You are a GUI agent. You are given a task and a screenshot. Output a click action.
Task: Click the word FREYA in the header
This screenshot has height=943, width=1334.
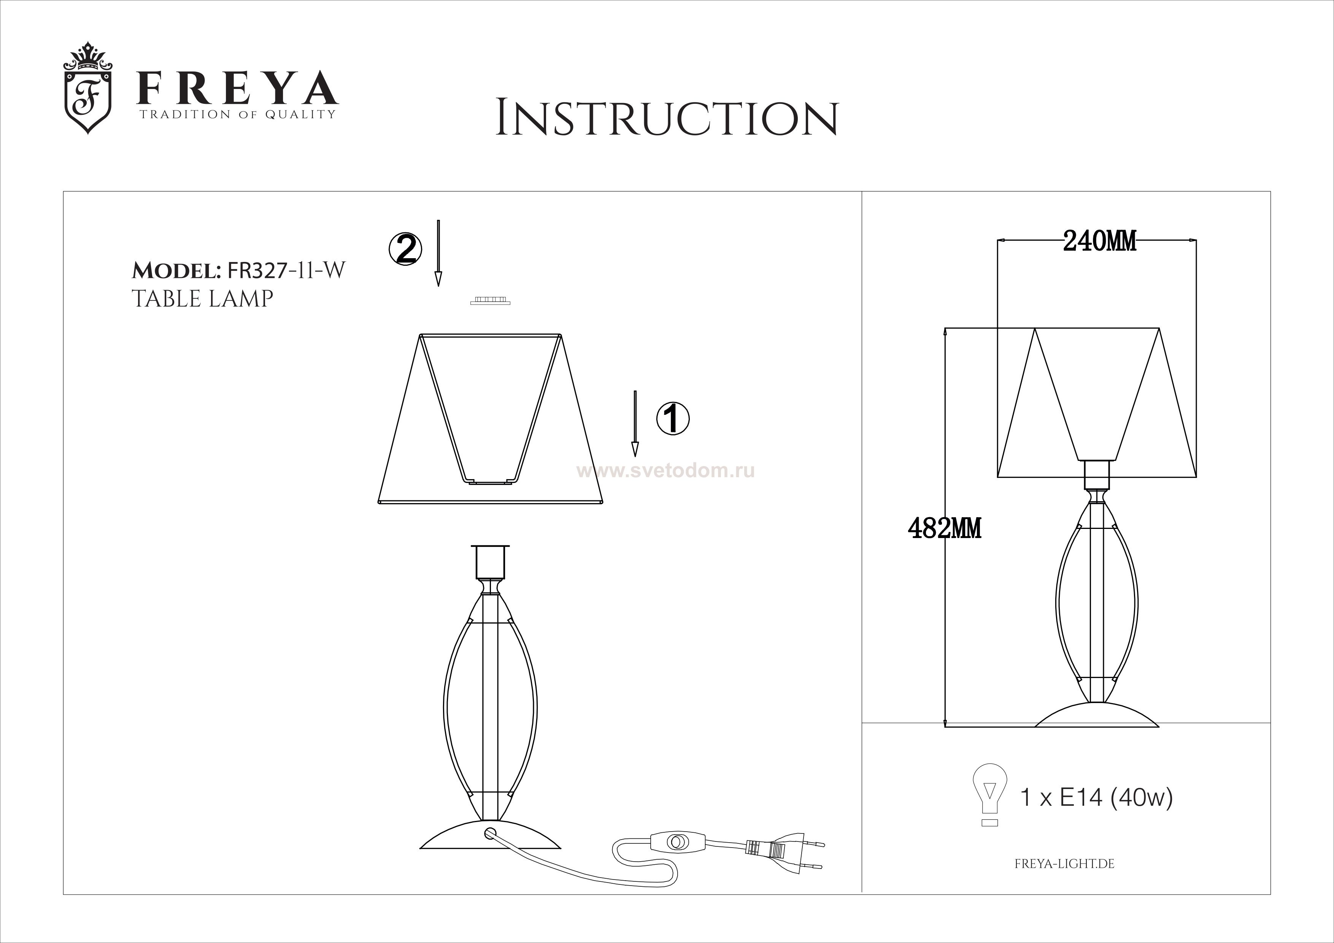(x=237, y=88)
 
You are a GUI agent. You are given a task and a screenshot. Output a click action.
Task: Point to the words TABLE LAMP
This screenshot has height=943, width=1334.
(x=202, y=298)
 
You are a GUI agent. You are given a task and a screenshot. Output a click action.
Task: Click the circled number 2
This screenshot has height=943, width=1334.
(x=405, y=249)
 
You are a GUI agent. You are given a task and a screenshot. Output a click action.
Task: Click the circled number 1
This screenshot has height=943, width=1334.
(x=673, y=418)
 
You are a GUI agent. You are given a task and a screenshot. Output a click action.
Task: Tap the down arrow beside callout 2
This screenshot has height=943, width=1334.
(x=439, y=253)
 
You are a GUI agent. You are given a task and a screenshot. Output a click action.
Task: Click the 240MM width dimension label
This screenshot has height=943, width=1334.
(x=1100, y=241)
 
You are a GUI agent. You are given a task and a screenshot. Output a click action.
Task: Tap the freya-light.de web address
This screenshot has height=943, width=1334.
(x=1064, y=864)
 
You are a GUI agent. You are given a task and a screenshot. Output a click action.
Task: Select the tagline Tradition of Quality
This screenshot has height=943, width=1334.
(x=237, y=114)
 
